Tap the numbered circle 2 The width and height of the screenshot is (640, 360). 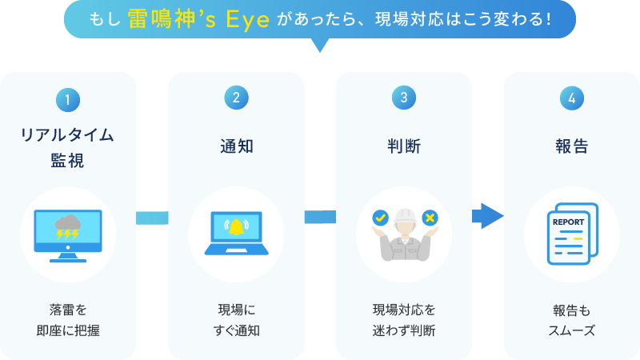pos(236,97)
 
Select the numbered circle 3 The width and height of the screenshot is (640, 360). pos(404,97)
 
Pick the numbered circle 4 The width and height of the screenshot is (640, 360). pos(572,97)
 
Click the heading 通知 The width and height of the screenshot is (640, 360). pos(236,146)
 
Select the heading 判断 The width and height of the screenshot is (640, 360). pos(404,146)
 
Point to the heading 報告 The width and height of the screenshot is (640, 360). pos(572,146)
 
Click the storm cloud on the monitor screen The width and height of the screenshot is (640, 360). pos(67,225)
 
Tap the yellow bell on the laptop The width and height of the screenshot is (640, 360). pos(236,227)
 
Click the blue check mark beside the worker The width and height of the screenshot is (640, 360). pos(379,217)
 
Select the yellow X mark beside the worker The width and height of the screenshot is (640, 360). pos(430,217)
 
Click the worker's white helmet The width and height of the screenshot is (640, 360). pos(405,215)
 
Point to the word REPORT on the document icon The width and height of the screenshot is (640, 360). pos(569,222)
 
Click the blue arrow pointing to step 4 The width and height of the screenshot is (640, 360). pos(486,215)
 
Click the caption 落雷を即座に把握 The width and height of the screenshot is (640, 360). pos(68,319)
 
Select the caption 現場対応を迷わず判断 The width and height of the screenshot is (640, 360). pos(404,319)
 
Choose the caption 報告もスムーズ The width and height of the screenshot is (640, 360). pos(572,319)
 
